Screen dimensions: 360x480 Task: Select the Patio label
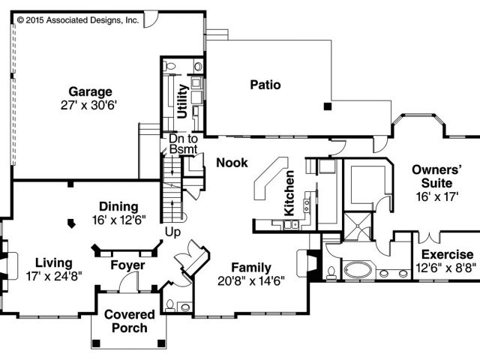coord(265,85)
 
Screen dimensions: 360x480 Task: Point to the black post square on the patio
coord(327,107)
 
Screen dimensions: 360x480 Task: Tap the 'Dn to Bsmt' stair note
coord(183,144)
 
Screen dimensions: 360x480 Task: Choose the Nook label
coord(231,162)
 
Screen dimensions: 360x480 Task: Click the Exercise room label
coord(447,255)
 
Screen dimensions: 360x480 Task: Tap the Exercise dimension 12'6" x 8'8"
coord(447,268)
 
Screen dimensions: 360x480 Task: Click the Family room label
coord(251,268)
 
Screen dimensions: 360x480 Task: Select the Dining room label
coord(119,206)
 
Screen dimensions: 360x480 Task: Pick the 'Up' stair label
coord(172,232)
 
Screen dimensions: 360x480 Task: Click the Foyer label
coord(127,265)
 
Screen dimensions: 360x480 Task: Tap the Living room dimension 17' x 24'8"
coord(53,276)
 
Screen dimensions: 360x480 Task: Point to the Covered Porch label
coord(129,321)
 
